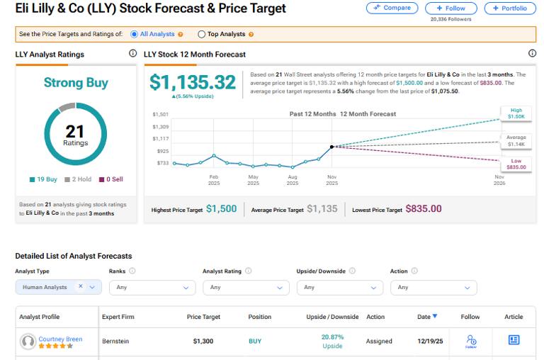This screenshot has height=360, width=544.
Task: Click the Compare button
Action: pos(392,9)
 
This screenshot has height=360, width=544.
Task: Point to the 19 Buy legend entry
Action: pos(44,179)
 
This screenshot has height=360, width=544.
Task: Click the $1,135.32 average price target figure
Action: pos(192,84)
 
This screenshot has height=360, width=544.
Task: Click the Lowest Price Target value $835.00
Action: pos(423,209)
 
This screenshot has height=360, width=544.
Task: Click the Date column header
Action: pos(427,317)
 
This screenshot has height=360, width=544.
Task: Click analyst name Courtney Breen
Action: pos(60,339)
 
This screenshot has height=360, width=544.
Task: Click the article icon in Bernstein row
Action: pos(514,340)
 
